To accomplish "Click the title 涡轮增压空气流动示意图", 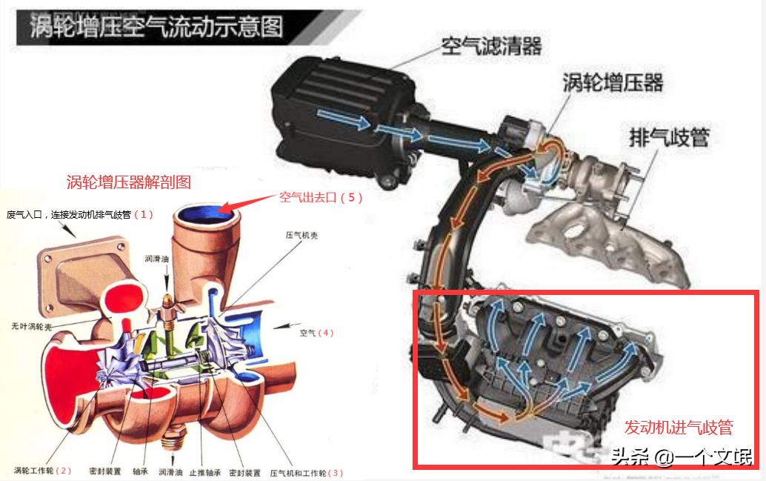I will click(x=156, y=27).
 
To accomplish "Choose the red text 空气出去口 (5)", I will click(x=320, y=198).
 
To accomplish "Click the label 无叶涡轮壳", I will click(x=30, y=325).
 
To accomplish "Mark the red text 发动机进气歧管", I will click(x=678, y=428).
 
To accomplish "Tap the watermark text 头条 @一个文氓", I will click(x=682, y=457).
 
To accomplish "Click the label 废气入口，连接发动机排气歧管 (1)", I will click(x=79, y=215).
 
